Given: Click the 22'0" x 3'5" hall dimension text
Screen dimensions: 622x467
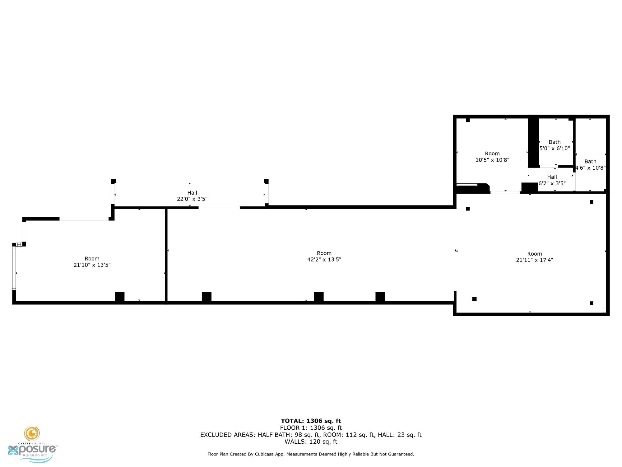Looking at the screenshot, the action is [x=192, y=199].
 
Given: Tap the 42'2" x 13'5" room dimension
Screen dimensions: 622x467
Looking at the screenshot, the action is [x=324, y=260].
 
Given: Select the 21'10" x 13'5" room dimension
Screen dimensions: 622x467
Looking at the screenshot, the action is [x=92, y=265].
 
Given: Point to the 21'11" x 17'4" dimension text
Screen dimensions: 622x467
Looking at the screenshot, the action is [x=535, y=260].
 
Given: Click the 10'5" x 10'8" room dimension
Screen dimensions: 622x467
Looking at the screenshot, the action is [x=492, y=160].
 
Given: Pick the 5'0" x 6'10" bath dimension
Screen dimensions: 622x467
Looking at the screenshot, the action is [x=555, y=149].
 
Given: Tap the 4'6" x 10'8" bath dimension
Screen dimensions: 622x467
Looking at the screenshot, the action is [x=590, y=168].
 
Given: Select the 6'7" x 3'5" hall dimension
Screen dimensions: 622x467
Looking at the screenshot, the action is [x=552, y=183].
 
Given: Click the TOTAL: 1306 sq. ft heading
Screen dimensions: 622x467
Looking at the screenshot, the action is [x=311, y=421].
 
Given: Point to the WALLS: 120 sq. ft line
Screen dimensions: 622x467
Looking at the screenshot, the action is [x=311, y=442].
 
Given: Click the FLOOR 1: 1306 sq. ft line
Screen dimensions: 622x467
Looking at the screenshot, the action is [x=311, y=428].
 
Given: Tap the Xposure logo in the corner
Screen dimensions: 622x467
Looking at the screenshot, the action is [x=32, y=445].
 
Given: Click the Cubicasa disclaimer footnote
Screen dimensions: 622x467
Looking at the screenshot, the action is [x=311, y=454].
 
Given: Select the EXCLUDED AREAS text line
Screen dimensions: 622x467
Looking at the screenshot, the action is [x=311, y=435].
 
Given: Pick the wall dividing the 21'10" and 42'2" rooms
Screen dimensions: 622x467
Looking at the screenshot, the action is [x=166, y=255].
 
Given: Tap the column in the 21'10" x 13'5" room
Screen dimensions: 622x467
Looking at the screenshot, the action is [x=120, y=297].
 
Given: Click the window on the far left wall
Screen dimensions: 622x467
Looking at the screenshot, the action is [x=14, y=268].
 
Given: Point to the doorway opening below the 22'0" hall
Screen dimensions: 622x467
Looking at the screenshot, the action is [x=219, y=208].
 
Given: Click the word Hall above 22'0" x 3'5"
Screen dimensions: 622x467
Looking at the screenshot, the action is [x=192, y=193].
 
